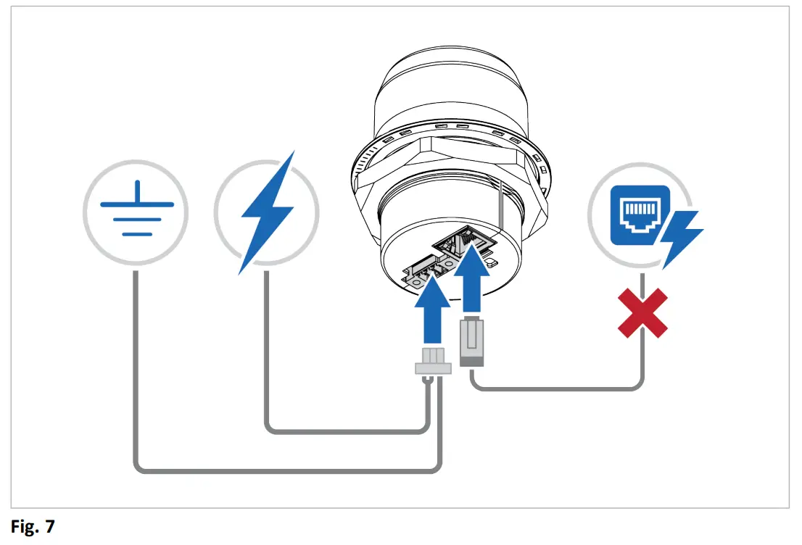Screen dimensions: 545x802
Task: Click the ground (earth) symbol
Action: click(135, 212)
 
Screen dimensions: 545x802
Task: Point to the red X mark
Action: click(642, 313)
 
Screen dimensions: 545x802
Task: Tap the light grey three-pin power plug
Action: click(433, 363)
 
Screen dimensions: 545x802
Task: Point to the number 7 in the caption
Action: click(50, 527)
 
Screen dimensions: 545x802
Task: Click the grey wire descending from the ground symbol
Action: click(136, 362)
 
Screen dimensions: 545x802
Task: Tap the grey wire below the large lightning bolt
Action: click(267, 348)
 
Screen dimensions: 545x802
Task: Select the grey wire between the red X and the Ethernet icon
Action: click(642, 283)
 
